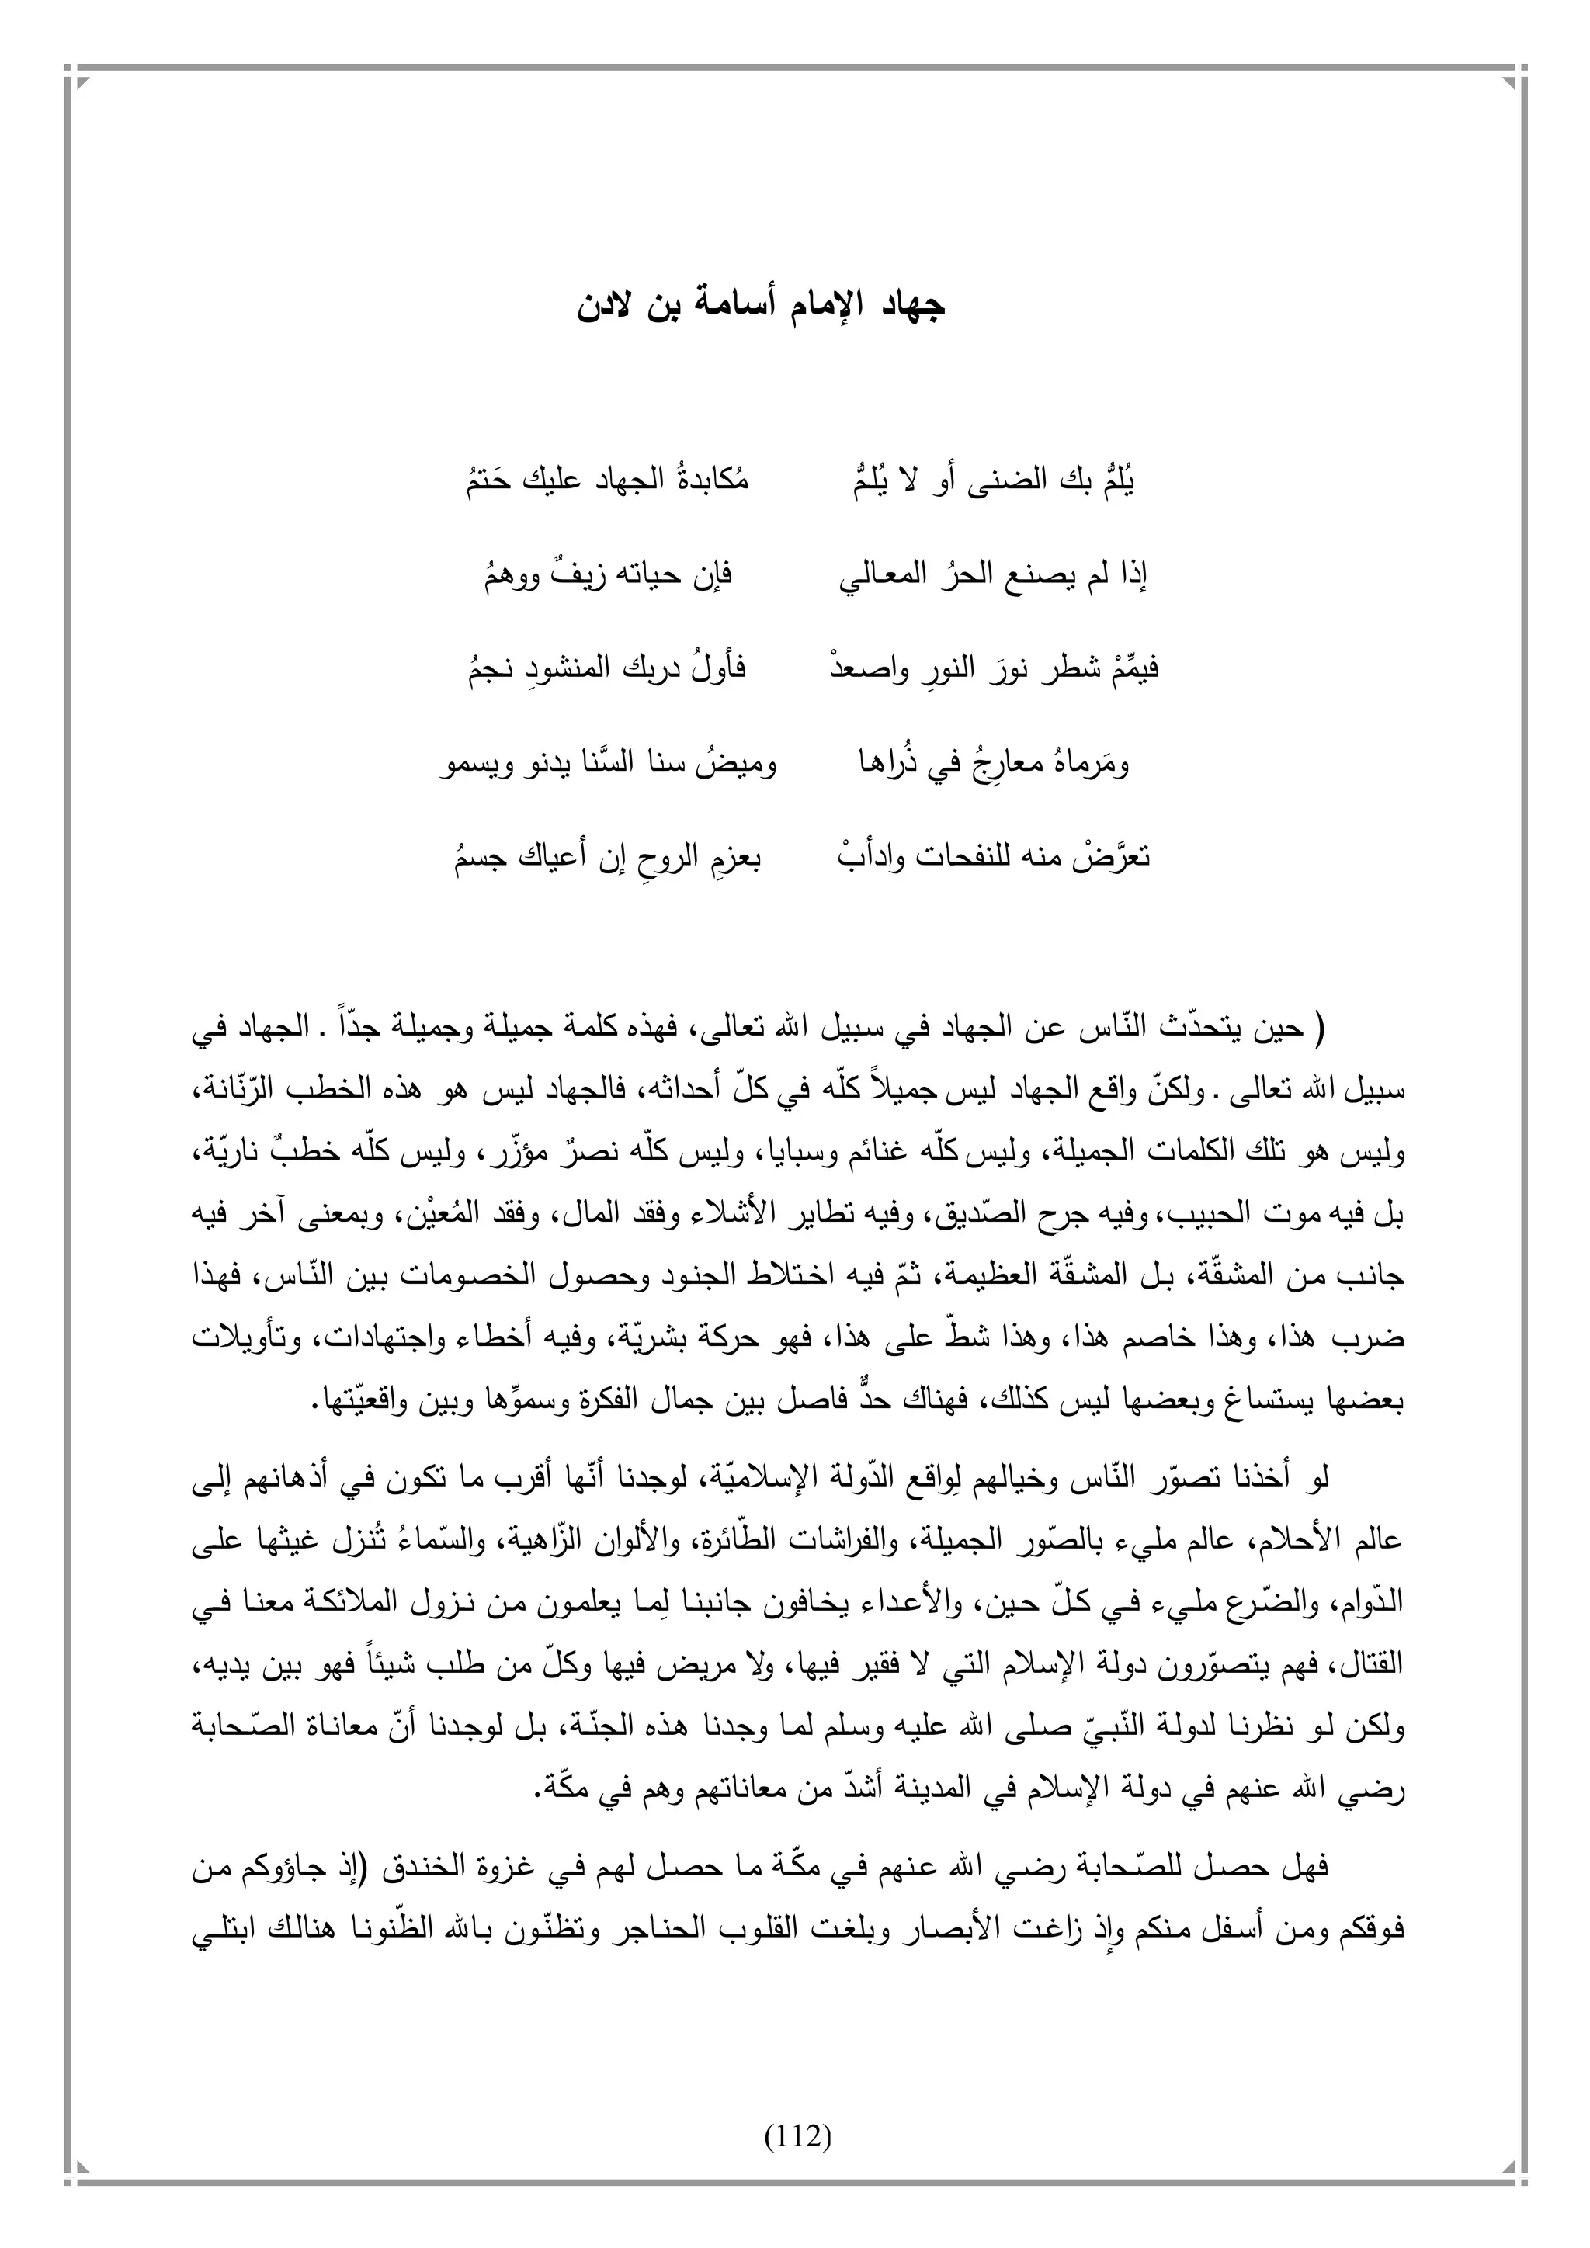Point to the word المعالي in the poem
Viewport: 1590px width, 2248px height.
tap(882, 576)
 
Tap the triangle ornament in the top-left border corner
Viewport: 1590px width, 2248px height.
tap(82, 83)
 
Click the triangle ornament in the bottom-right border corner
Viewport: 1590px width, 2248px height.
tap(1508, 2164)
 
